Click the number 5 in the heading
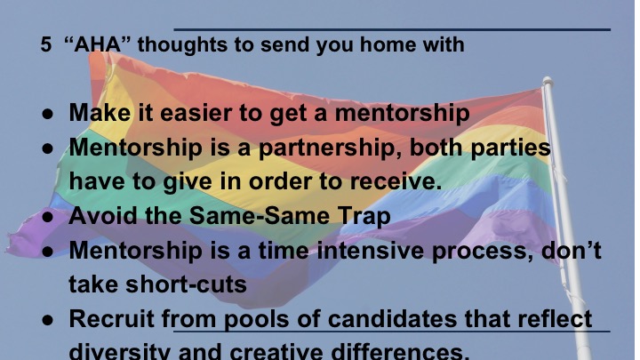click(45, 44)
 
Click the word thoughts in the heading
click(181, 44)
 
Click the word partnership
click(330, 147)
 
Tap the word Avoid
click(103, 215)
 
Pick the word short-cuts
click(186, 284)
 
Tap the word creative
click(276, 352)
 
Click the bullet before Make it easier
click(47, 114)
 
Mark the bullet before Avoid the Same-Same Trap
click(47, 217)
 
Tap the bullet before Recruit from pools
click(47, 320)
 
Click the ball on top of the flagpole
click(548, 81)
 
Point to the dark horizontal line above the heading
click(392, 30)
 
